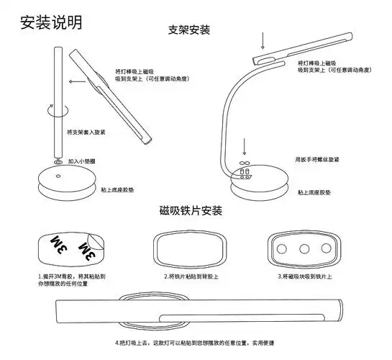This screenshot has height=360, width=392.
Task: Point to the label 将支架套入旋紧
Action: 86,132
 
